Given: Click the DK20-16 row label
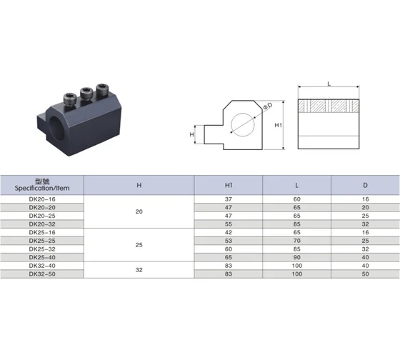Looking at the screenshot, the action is pos(42,199).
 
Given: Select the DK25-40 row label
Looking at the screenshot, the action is pos(42,257).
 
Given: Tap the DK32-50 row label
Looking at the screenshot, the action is pos(42,274).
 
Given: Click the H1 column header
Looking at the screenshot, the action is pos(229,185).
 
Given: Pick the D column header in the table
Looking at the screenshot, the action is pos(365,185).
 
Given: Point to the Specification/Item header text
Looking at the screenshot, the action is pos(42,189).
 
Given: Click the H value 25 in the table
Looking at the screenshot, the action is pos(139,245).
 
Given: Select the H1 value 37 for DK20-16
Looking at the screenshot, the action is pos(229,199).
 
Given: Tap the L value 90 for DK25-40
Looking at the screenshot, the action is pos(297,257).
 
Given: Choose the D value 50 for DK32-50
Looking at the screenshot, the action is pos(365,274).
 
